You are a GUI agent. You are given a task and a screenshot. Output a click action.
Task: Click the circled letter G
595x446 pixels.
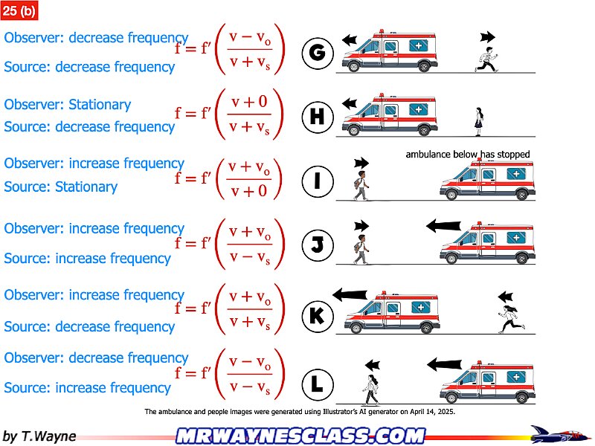coord(318,53)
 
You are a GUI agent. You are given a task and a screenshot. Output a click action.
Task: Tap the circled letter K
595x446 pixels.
coord(318,315)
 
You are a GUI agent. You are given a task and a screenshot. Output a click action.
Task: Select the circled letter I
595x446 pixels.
coord(318,181)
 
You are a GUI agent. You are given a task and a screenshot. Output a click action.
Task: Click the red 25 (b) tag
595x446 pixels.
coord(19,10)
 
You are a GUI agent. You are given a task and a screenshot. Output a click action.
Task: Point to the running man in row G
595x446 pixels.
coord(486,59)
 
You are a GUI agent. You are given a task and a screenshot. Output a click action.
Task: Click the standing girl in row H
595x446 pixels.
coord(479,122)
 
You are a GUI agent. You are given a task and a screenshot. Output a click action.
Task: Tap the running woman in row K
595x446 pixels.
coord(511,319)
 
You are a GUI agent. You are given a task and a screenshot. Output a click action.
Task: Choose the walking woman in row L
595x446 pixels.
coord(370,390)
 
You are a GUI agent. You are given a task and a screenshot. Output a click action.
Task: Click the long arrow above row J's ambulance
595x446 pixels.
coord(443,226)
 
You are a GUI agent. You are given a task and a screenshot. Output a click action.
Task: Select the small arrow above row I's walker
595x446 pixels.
coord(361,163)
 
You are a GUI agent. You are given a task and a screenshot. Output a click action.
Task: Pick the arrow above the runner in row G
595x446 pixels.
coord(488,37)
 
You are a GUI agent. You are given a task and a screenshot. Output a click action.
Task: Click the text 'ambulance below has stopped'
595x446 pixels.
coord(468,155)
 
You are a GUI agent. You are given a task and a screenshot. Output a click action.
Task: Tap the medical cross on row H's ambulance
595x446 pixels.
coord(419,109)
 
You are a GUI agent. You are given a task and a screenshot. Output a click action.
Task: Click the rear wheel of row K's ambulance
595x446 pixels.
coord(428,327)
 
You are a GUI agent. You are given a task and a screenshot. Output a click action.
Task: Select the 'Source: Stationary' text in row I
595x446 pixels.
coord(61,187)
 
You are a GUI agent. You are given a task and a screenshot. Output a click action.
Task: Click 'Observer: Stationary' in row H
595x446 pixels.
coord(67,104)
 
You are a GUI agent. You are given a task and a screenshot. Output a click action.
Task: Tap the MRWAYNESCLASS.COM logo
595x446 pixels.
coord(301,436)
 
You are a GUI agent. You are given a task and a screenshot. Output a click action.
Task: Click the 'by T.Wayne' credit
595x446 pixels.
coord(39,436)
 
